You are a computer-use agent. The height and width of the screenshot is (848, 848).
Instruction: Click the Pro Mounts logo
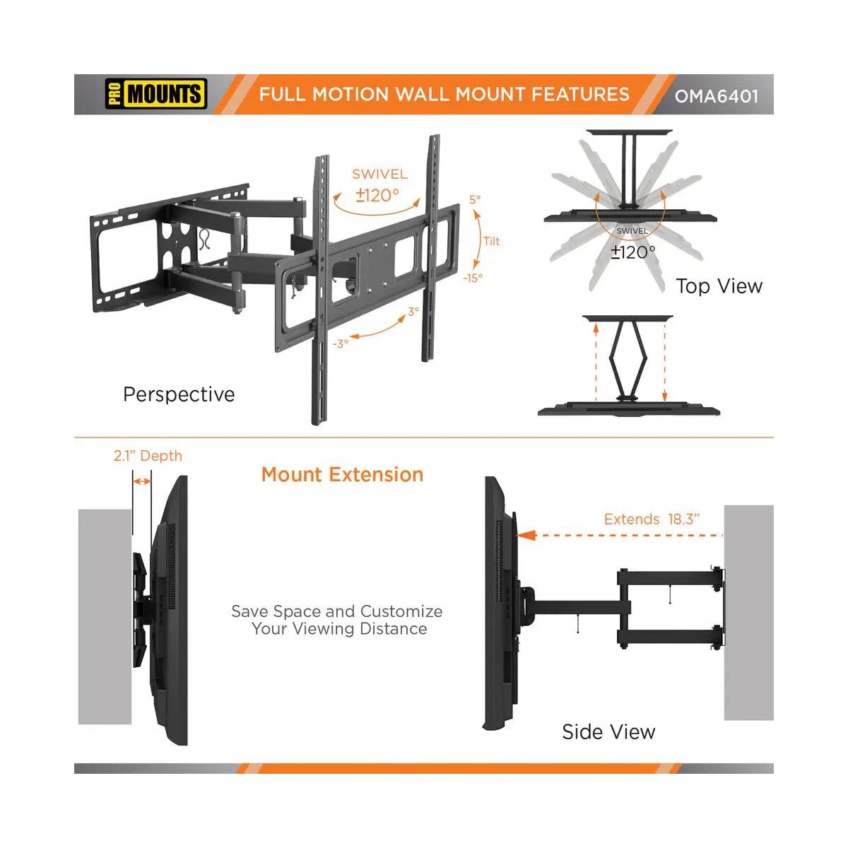coord(155,94)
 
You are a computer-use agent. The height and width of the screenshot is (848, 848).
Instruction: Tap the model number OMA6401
coord(717,96)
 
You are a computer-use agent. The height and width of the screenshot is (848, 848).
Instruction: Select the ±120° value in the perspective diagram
coord(377,195)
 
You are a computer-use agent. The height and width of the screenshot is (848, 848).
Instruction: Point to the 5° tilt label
coord(475,199)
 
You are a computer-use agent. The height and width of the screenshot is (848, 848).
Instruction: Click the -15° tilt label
coord(473,278)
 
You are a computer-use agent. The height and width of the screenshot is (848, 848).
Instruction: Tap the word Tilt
coord(492,241)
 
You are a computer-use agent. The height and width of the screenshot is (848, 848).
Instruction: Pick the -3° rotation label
coord(341,343)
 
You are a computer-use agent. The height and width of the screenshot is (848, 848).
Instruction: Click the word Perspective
coord(179,394)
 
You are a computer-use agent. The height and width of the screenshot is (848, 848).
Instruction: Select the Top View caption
coord(719,286)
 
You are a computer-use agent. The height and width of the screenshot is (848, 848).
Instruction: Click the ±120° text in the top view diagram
coord(632,252)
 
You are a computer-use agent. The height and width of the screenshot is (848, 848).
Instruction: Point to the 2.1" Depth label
coord(148,456)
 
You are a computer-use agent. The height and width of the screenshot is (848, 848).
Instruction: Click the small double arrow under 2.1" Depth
coord(141,481)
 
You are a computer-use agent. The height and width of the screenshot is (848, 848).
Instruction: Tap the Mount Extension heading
coord(342,474)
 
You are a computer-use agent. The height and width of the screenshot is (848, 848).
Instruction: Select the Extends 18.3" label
coord(652,519)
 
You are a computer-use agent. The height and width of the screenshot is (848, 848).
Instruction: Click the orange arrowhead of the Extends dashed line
coord(526,536)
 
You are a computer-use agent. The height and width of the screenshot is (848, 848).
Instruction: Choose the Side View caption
coord(608,732)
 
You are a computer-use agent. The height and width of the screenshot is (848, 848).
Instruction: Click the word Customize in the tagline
coord(401,611)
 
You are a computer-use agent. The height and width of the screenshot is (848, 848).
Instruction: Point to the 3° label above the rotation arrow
coord(413,312)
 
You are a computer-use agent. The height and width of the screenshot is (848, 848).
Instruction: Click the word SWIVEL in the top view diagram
coord(632,231)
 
